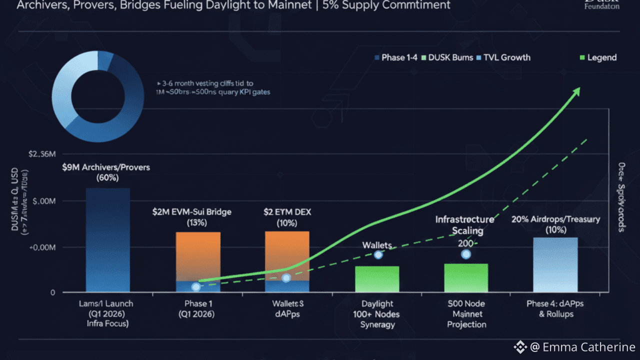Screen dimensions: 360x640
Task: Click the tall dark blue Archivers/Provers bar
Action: (107, 240)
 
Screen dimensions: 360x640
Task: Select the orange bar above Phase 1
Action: (198, 255)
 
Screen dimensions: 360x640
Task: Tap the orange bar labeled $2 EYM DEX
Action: (287, 255)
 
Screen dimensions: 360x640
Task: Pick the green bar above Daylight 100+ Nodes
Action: (377, 279)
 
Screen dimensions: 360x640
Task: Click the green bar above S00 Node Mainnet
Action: (466, 277)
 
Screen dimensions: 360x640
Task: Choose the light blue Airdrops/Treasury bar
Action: (555, 264)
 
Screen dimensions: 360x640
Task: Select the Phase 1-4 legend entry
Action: (395, 57)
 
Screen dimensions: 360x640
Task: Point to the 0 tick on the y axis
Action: (52, 292)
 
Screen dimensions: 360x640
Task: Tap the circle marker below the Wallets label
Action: (378, 255)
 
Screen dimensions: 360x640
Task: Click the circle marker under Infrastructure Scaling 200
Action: (466, 254)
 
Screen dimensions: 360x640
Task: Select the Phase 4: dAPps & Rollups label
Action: (555, 309)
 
